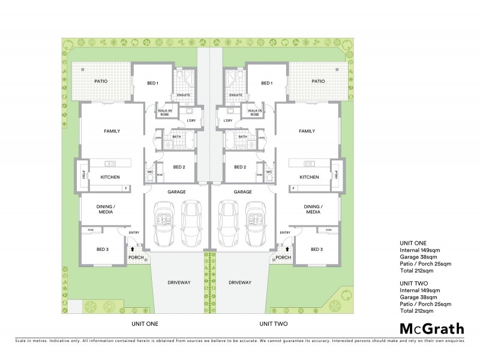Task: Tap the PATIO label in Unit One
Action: click(x=101, y=81)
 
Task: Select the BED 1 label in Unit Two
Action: click(x=267, y=83)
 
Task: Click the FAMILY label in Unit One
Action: click(x=112, y=131)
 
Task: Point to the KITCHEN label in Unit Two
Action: click(x=309, y=177)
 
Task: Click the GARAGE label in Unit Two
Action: click(x=242, y=192)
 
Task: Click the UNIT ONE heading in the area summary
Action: click(x=412, y=243)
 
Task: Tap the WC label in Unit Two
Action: click(x=269, y=171)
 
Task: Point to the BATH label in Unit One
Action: click(x=176, y=137)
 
